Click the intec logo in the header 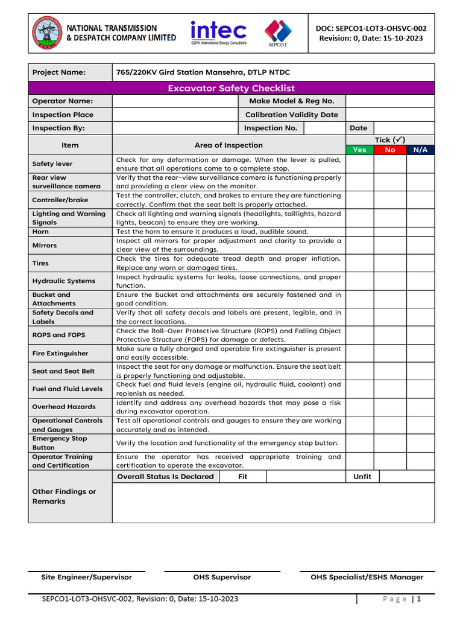[218, 32]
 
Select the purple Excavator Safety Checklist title [231, 88]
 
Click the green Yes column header [359, 150]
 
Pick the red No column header [389, 150]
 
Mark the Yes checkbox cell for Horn [359, 232]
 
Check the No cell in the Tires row [389, 263]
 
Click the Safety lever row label [52, 164]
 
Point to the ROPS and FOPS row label [58, 335]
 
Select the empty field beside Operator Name [175, 101]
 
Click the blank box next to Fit [306, 477]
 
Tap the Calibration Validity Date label [292, 115]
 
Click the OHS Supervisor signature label [222, 577]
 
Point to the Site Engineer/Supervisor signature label [86, 577]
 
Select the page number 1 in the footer [418, 599]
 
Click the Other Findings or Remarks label [64, 496]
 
